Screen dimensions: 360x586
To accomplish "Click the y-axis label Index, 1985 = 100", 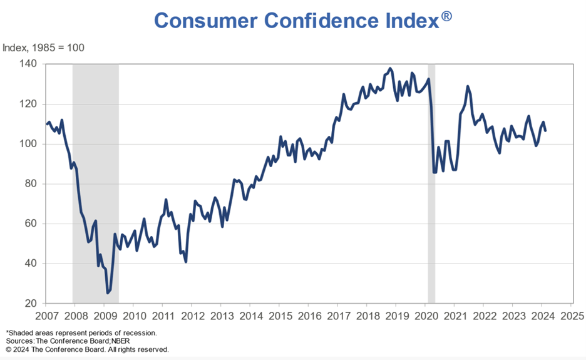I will (44, 48).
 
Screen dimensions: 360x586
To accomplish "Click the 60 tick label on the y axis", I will (31, 224).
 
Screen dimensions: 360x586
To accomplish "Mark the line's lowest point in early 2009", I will (108, 292).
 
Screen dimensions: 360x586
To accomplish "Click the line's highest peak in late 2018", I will (391, 68).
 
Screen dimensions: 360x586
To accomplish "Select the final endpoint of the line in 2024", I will (545, 130).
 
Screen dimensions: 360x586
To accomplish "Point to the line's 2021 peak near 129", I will (468, 86).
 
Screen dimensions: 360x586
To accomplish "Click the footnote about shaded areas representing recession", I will (81, 332).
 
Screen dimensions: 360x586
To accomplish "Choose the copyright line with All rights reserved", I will (87, 349).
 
